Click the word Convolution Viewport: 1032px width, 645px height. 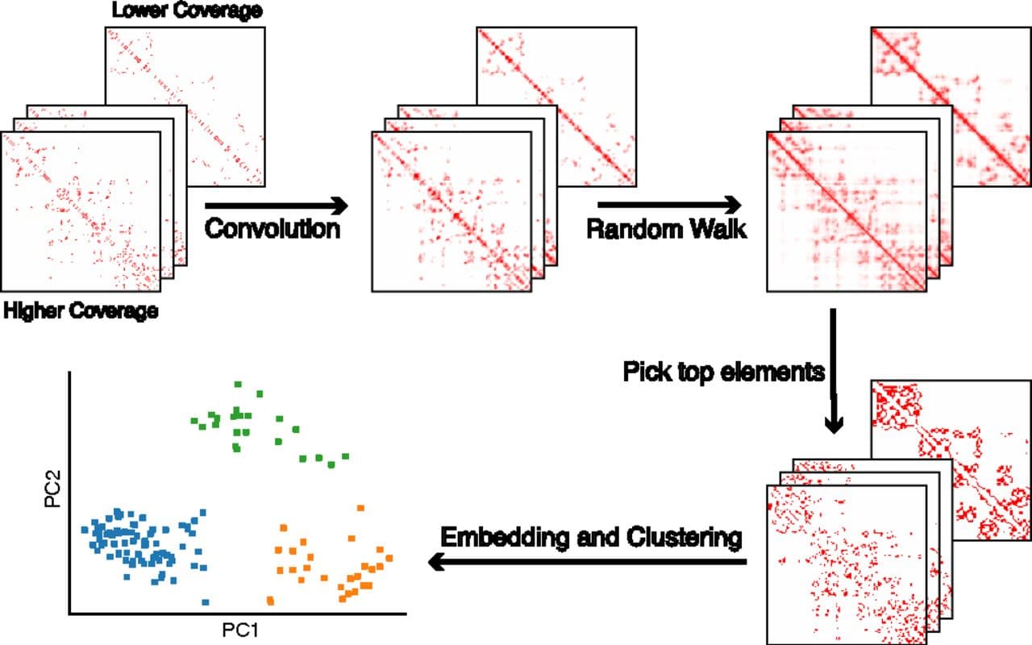[x=272, y=229]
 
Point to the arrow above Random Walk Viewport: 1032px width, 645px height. [x=669, y=204]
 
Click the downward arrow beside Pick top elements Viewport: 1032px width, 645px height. [x=836, y=370]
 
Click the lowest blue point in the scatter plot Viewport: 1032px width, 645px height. [x=206, y=601]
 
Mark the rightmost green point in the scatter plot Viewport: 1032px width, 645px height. [x=345, y=457]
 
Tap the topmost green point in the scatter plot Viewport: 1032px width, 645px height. [x=238, y=385]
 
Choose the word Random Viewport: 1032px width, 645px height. [x=631, y=229]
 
